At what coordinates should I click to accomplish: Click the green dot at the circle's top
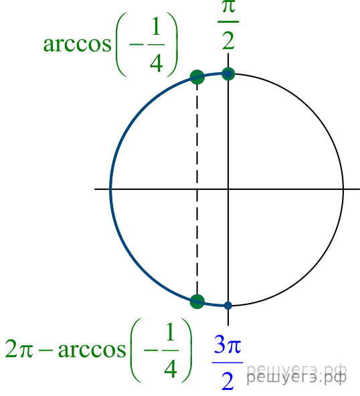tap(228, 74)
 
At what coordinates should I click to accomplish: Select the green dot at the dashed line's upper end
tap(197, 77)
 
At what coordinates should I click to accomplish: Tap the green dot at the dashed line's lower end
tap(197, 302)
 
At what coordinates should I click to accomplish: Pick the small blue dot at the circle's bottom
tap(228, 306)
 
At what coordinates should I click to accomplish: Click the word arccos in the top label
tap(78, 44)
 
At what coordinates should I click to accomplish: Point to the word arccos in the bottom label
tap(92, 350)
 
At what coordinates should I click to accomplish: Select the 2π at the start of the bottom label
tap(19, 349)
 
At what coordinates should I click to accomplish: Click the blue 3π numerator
tap(228, 344)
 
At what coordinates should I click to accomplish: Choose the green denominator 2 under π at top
tap(228, 39)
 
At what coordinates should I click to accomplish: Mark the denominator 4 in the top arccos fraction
tap(156, 63)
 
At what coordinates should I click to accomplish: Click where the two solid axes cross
tap(228, 189)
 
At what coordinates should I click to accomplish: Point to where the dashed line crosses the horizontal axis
tap(197, 189)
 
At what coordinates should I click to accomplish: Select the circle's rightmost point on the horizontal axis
tap(343, 189)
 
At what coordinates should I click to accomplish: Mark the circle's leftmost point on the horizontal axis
tap(110, 189)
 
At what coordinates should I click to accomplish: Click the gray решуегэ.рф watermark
tap(296, 374)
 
